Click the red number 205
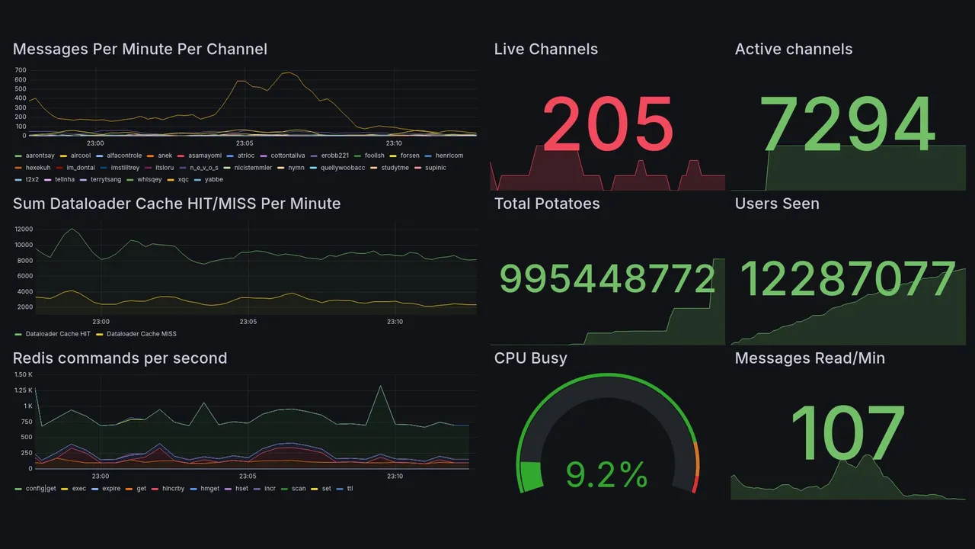607,124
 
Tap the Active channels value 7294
848,124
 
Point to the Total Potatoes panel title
546,204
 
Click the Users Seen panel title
776,204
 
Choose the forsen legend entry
410,156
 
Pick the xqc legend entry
183,180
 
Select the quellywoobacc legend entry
343,168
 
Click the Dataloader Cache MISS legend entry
142,334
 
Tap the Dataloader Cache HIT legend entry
58,334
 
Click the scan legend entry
299,489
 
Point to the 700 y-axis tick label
21,70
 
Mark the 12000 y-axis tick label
23,229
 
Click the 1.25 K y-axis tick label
23,390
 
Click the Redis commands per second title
120,358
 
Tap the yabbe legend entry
214,180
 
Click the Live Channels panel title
545,49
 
